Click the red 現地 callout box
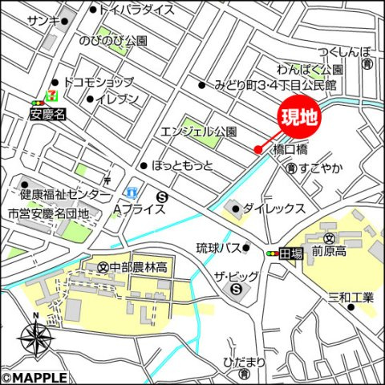[x=299, y=116]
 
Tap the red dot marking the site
[x=257, y=148]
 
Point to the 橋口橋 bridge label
[x=290, y=149]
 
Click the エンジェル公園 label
[x=199, y=131]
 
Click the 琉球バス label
[x=218, y=248]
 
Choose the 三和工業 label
[x=351, y=298]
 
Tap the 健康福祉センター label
[x=65, y=194]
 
